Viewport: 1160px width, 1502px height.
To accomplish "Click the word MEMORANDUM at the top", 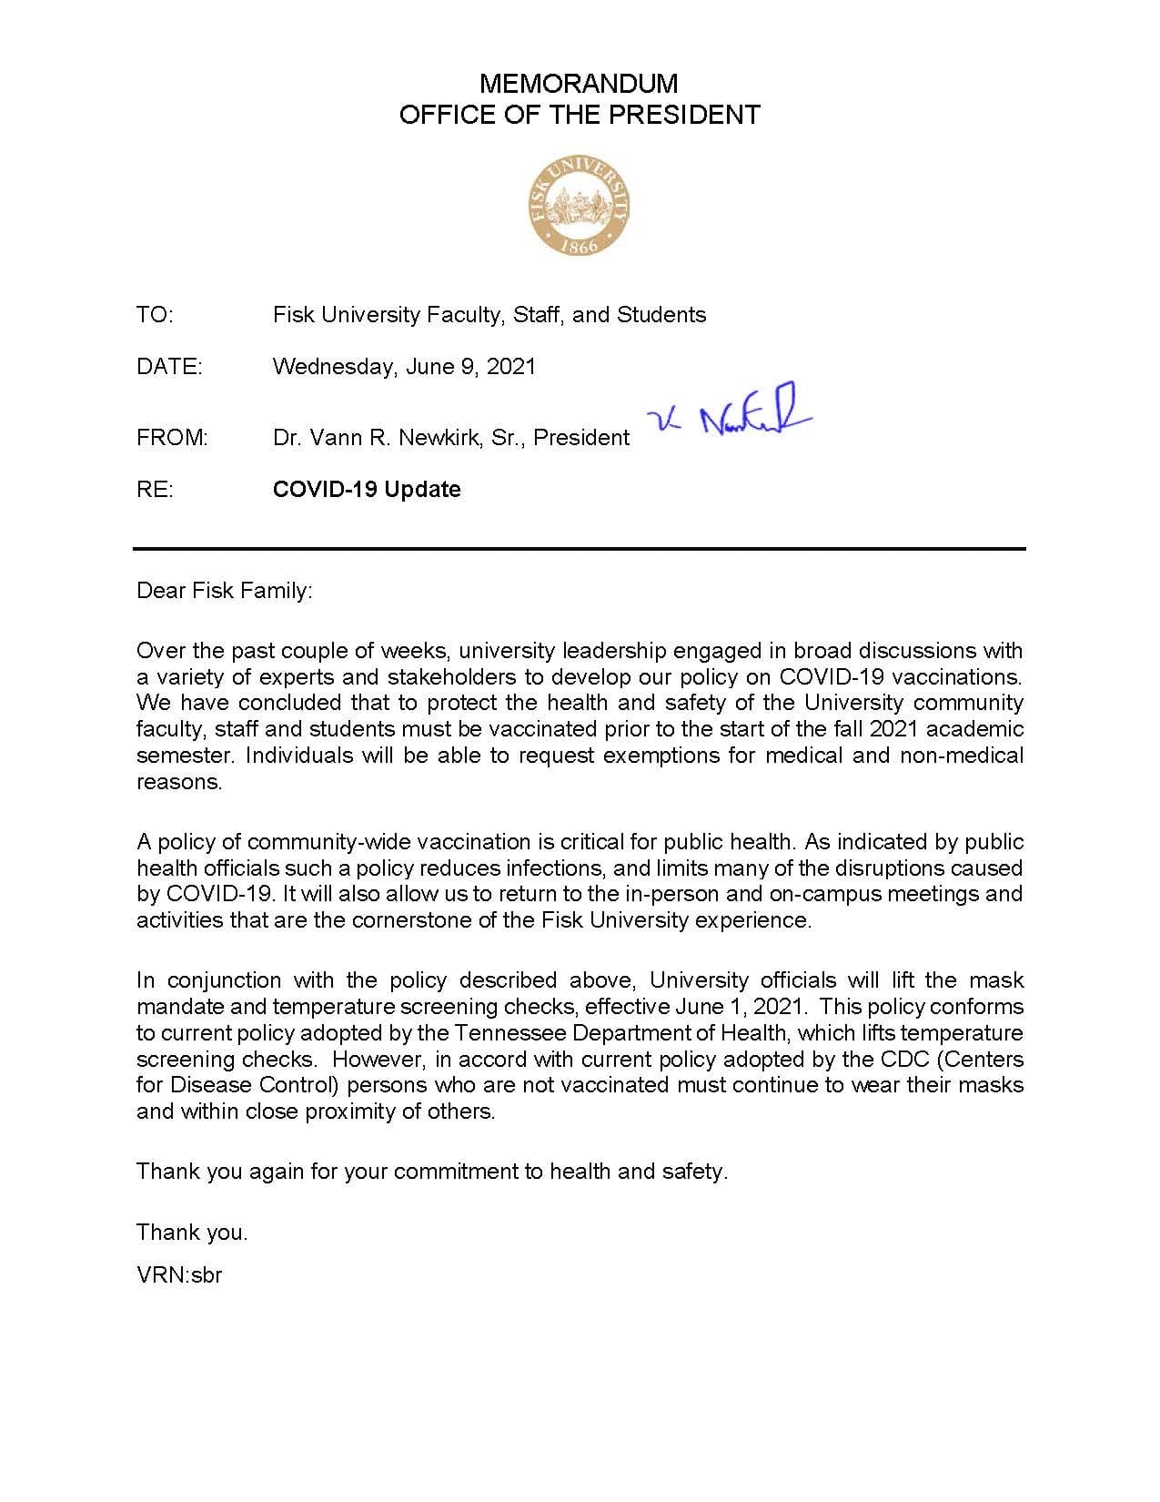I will click(x=579, y=84).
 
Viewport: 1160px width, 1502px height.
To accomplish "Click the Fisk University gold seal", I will click(x=579, y=205).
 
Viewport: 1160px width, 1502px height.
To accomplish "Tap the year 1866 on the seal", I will click(x=579, y=246).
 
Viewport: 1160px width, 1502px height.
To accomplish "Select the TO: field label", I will click(x=155, y=315).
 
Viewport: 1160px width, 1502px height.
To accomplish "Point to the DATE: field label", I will click(x=169, y=367).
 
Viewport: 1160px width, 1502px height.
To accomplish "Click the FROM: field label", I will click(x=172, y=438).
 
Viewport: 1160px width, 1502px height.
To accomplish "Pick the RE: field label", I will click(x=155, y=490).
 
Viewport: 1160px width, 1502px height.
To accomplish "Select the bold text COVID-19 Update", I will click(x=367, y=490).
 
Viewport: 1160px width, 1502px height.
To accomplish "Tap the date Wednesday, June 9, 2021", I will click(x=404, y=367).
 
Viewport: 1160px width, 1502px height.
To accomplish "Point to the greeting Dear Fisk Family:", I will click(x=224, y=591).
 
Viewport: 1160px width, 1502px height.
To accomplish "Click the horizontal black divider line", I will click(x=579, y=549).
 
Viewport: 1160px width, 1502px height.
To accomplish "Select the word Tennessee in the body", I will click(x=510, y=1033).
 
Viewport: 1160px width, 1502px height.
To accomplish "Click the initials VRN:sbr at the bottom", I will click(x=179, y=1275).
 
